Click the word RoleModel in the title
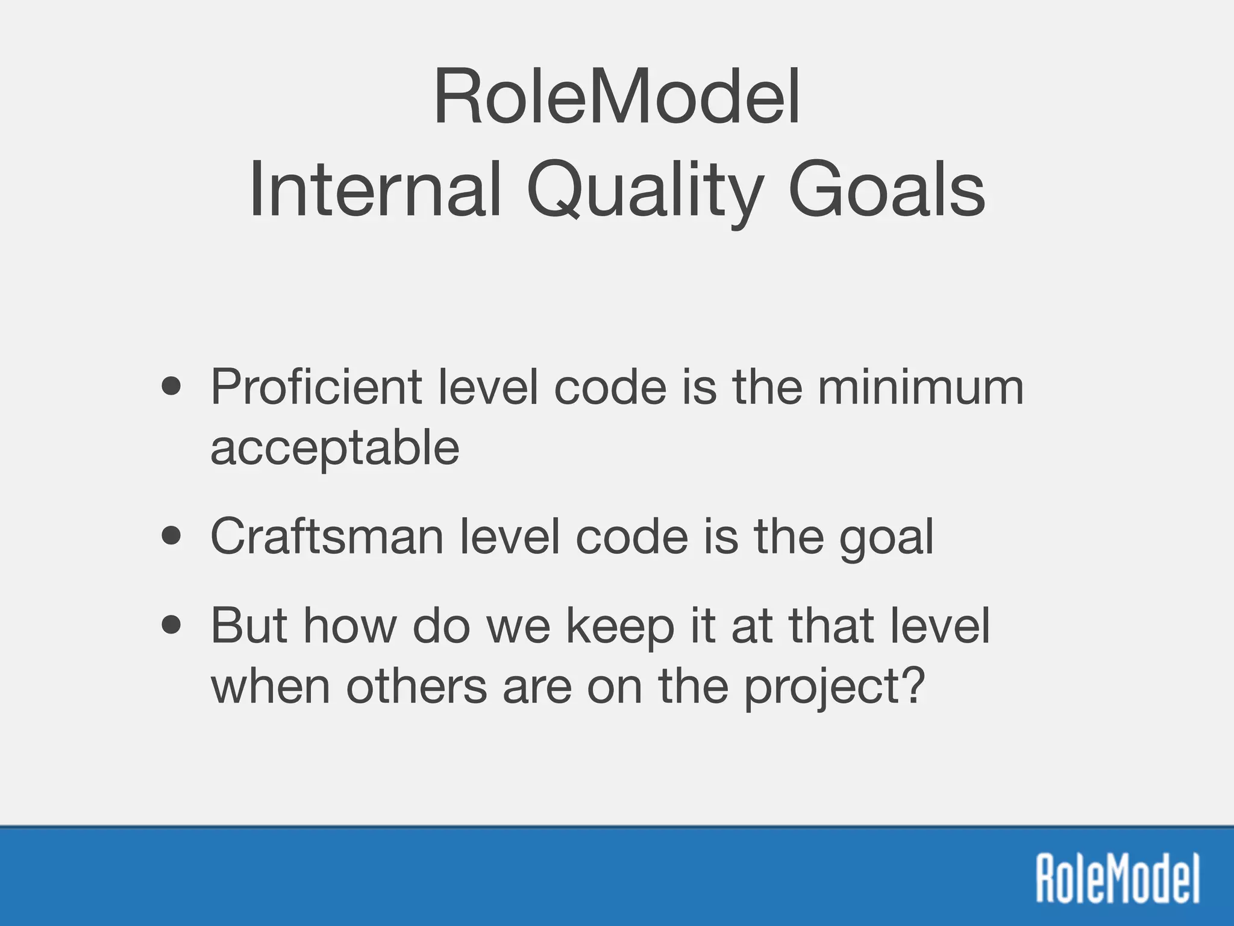(616, 96)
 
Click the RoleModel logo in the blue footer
(1117, 878)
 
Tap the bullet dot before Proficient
(172, 386)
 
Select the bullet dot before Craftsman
(172, 536)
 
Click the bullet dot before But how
(172, 625)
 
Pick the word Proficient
(316, 387)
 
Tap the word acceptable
(335, 449)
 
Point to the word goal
(886, 538)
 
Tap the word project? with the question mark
(834, 688)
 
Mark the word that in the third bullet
(832, 625)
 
